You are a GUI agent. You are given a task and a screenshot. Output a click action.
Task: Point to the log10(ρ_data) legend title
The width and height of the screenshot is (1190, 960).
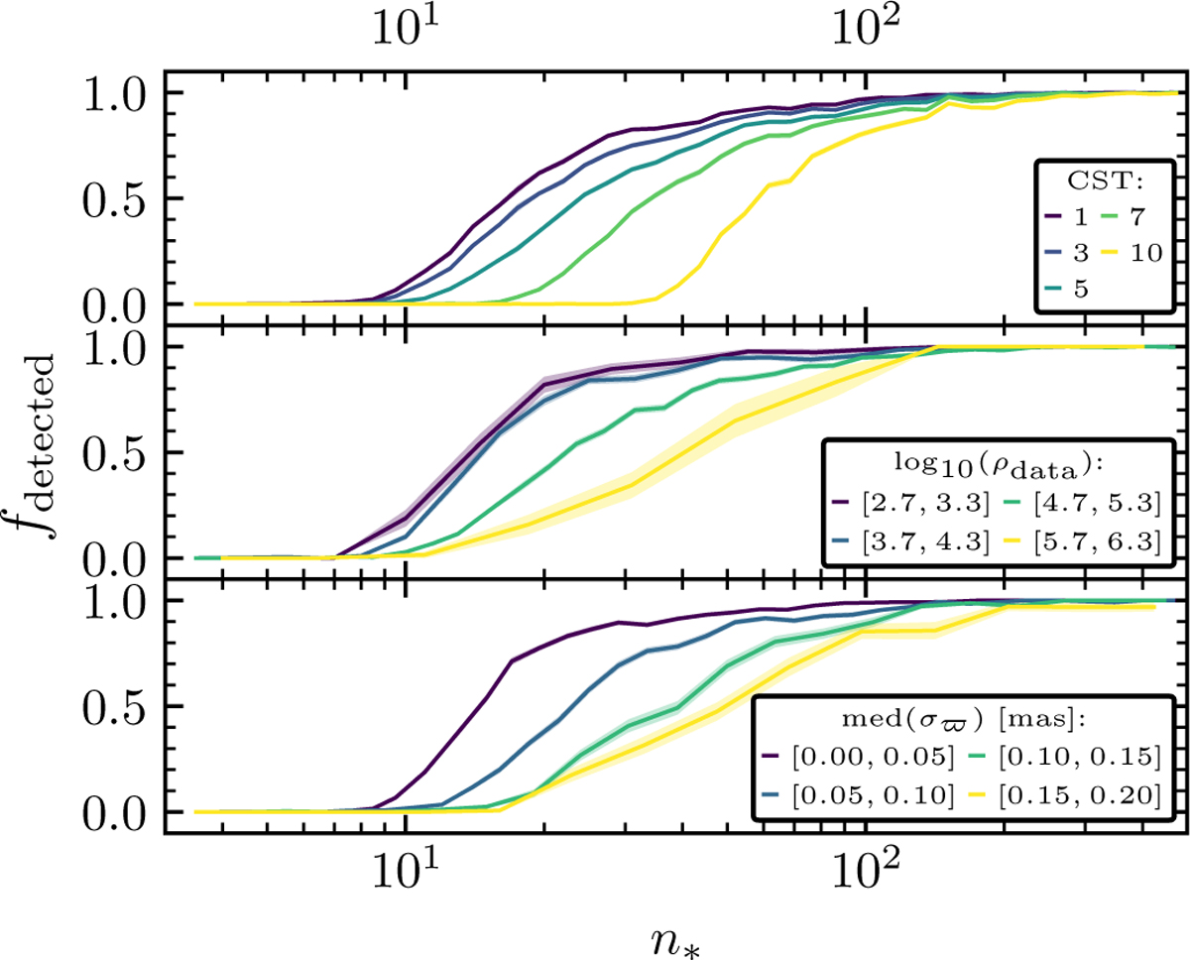click(1002, 463)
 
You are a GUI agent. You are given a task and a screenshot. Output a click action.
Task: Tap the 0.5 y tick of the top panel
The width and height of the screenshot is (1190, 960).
click(114, 198)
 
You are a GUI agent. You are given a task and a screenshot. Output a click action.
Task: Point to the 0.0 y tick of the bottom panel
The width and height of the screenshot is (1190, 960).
click(114, 812)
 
